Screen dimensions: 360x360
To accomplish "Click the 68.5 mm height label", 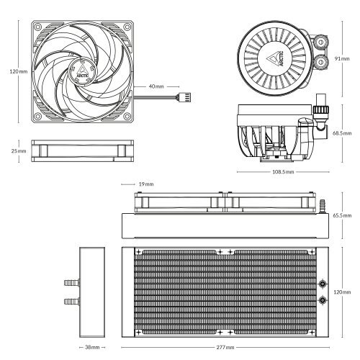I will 343,134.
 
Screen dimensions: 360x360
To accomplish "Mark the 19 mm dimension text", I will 145,184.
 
